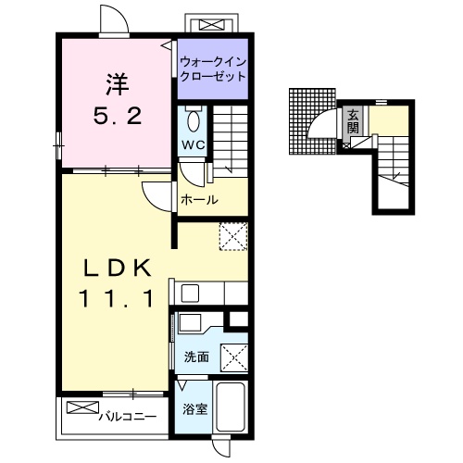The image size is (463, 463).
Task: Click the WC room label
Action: (194, 144)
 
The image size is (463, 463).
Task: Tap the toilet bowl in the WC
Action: (194, 122)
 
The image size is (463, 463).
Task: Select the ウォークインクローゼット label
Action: (213, 69)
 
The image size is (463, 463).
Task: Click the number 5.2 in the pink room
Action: (118, 117)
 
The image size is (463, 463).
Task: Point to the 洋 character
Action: (118, 83)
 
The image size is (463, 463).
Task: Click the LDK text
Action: (118, 268)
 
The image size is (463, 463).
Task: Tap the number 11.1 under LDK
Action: (117, 298)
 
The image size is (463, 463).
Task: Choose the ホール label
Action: (199, 200)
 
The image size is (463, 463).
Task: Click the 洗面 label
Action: (196, 357)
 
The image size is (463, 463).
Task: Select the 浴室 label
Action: (194, 409)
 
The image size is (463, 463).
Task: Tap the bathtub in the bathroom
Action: (230, 407)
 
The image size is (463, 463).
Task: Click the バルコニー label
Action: (128, 418)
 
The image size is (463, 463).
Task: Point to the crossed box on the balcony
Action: (82, 407)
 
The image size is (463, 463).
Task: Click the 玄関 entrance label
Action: (353, 121)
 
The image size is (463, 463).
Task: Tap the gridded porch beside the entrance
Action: (312, 121)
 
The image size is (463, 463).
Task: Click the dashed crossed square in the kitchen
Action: (233, 236)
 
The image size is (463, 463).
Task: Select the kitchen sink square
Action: (190, 294)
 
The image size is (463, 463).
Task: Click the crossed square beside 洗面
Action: (234, 357)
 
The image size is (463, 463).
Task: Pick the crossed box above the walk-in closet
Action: (212, 25)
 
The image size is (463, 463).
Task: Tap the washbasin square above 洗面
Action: (190, 323)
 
